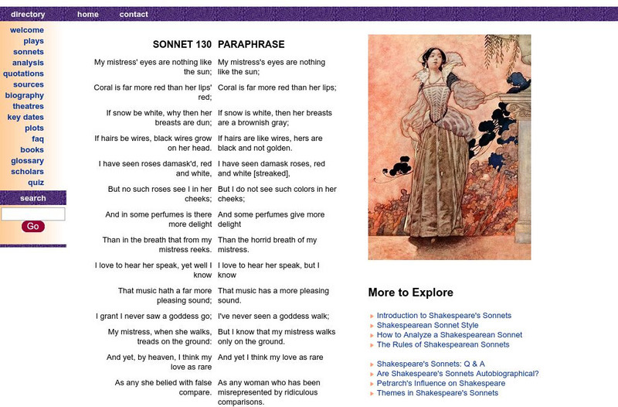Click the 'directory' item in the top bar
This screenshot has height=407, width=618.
coord(28,14)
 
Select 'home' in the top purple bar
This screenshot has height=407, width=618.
coord(88,14)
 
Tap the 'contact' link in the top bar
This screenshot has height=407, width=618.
coord(134,14)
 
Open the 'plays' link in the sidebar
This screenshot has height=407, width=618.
coord(33,41)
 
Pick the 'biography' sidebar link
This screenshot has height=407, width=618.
coord(25,95)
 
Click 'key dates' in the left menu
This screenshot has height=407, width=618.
coord(25,117)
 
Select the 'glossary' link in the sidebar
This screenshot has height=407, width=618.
coord(27,161)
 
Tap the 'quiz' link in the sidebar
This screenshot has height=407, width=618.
coord(36,183)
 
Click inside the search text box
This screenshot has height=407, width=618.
coord(33,214)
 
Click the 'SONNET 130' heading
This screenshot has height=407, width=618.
coord(182,45)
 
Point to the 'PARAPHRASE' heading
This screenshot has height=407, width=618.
coord(251,45)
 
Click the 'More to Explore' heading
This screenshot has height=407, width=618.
coord(410,292)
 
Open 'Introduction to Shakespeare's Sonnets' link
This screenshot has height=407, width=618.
coord(443,316)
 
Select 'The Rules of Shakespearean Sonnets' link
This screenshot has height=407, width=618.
coord(443,345)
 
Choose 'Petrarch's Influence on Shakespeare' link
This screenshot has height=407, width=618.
coord(440,383)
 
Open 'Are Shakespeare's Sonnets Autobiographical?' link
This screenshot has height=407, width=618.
coord(457,374)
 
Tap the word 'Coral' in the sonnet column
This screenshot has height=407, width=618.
coord(105,87)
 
